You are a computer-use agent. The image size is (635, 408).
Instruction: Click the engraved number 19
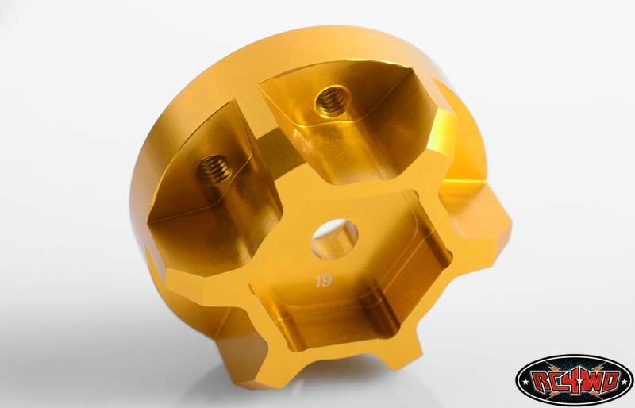click(324, 280)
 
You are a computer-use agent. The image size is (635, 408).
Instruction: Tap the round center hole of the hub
click(334, 239)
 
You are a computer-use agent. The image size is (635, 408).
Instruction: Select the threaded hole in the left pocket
click(214, 169)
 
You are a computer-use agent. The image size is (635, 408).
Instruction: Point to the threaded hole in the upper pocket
click(333, 101)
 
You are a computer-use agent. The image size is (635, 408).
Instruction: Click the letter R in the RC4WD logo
click(540, 381)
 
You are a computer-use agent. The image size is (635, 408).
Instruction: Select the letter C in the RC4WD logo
click(555, 382)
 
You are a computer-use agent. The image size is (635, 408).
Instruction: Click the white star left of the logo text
click(525, 381)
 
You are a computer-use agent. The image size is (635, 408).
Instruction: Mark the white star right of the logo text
click(625, 381)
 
